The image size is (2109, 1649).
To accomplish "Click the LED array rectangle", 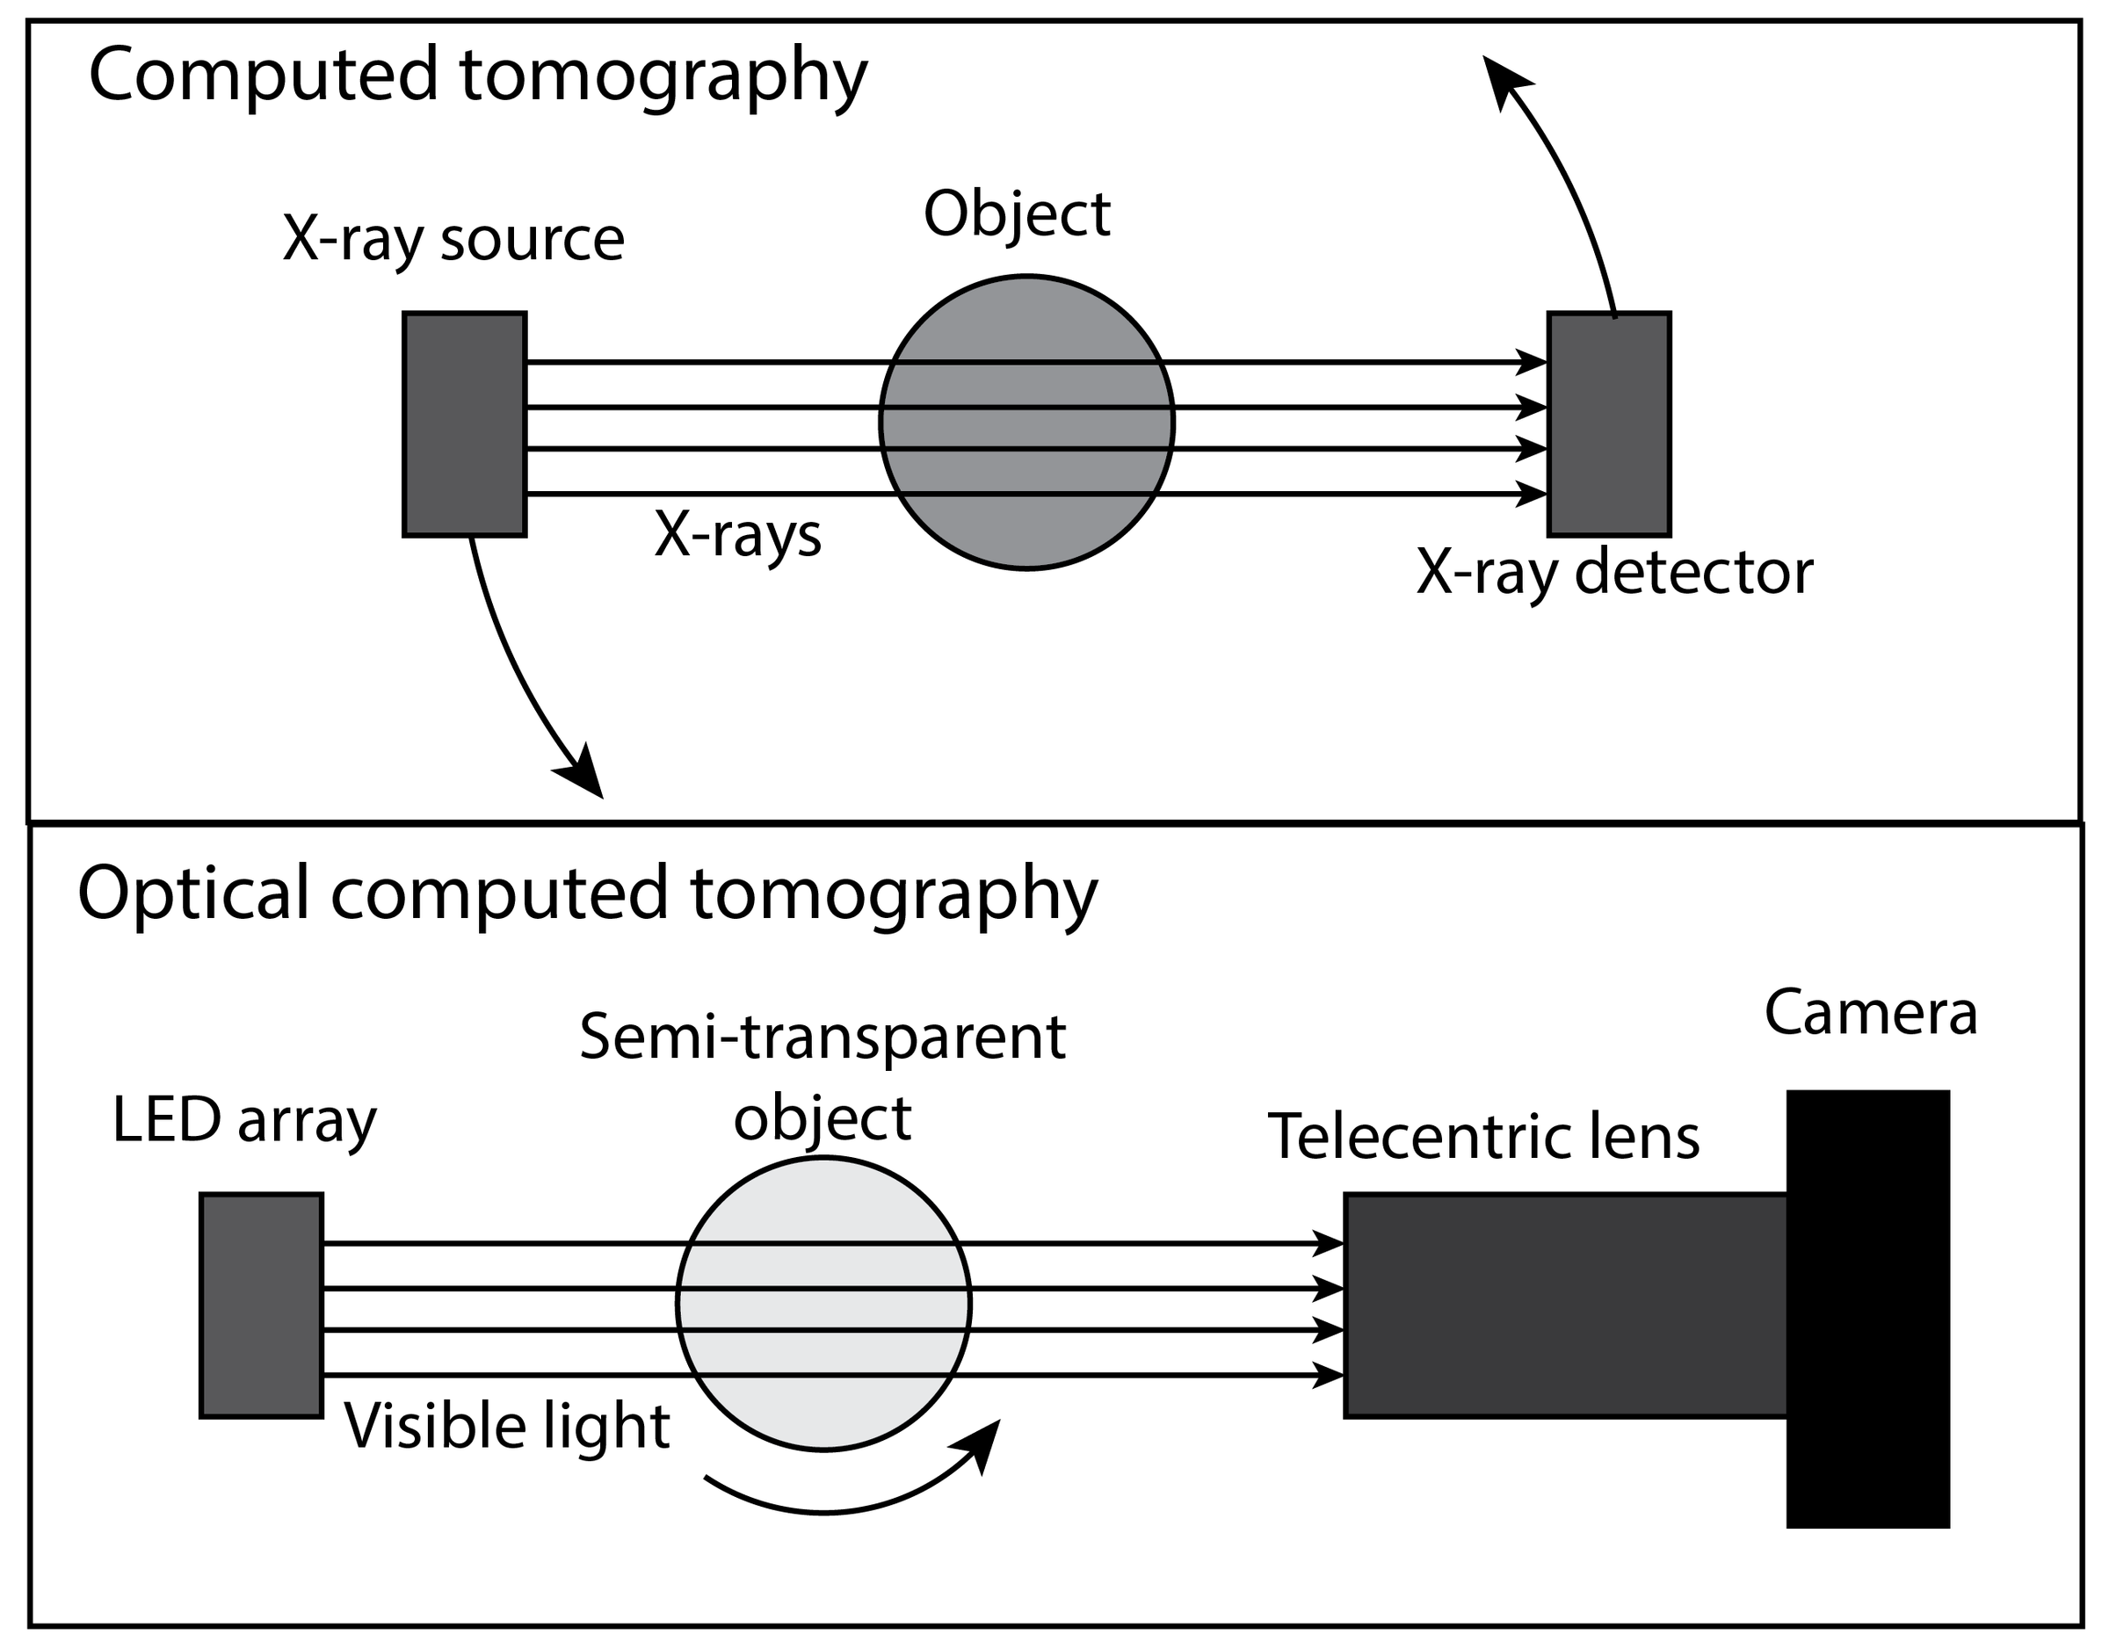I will pos(261,1305).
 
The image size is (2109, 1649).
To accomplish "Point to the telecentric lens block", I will pos(1564,1305).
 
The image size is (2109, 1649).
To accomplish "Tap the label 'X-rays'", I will pos(738,534).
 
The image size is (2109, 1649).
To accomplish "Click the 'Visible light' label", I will pos(507,1426).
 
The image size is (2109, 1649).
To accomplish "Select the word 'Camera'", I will pos(1871,1013).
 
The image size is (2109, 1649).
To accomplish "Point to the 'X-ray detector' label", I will pos(1614,573).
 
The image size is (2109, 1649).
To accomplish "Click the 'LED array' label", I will pos(244,1121).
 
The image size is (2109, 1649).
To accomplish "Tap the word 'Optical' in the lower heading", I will pos(193,894).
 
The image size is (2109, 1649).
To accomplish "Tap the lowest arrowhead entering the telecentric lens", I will pos(1330,1375).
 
